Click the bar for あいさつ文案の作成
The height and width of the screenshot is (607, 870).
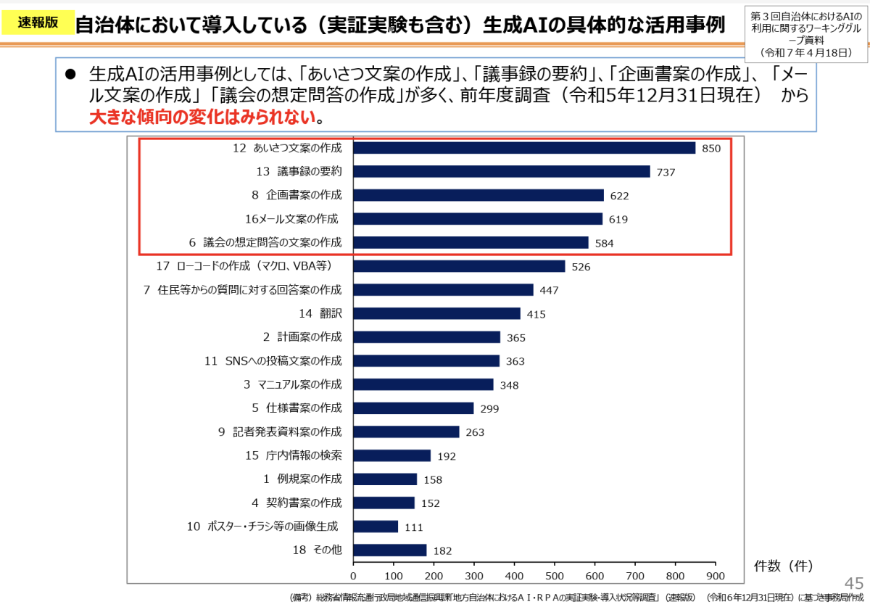pyautogui.click(x=524, y=148)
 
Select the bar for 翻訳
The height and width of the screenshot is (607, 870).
pyautogui.click(x=436, y=313)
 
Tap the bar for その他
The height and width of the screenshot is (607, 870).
pyautogui.click(x=390, y=550)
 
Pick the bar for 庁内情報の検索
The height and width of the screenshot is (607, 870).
pyautogui.click(x=391, y=455)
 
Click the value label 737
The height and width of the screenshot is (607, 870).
pyautogui.click(x=666, y=173)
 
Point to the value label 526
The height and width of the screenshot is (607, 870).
pyautogui.click(x=581, y=267)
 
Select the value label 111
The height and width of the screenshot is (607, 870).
pyautogui.click(x=414, y=527)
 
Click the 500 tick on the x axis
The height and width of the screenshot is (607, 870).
pyautogui.click(x=555, y=576)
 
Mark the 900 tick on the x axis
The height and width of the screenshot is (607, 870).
pyautogui.click(x=716, y=576)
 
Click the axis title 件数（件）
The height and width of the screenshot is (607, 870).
pyautogui.click(x=783, y=563)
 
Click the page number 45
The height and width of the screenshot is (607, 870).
pyautogui.click(x=854, y=583)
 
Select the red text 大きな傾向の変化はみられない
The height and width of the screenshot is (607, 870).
pyautogui.click(x=202, y=117)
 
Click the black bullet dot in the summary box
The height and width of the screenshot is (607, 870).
pyautogui.click(x=70, y=75)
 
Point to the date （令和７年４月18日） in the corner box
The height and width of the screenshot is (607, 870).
pyautogui.click(x=806, y=53)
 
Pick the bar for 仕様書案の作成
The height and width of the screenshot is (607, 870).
pyautogui.click(x=413, y=408)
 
